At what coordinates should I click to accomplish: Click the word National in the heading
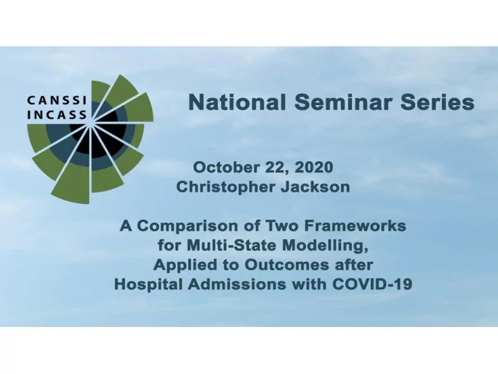click(x=237, y=102)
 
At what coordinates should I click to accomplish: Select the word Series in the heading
click(x=437, y=102)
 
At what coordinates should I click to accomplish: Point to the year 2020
click(x=314, y=167)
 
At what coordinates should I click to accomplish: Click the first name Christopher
click(x=225, y=187)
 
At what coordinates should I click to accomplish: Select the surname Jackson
click(x=315, y=187)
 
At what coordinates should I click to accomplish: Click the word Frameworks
click(x=355, y=226)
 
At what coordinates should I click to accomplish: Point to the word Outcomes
click(x=287, y=265)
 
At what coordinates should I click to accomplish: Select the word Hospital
click(x=148, y=284)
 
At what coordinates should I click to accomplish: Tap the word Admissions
click(x=237, y=284)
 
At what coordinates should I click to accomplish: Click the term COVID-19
click(x=372, y=284)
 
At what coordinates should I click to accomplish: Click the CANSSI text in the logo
click(x=57, y=100)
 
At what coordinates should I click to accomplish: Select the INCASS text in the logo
click(x=57, y=115)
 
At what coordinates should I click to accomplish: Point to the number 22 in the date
click(x=276, y=167)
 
